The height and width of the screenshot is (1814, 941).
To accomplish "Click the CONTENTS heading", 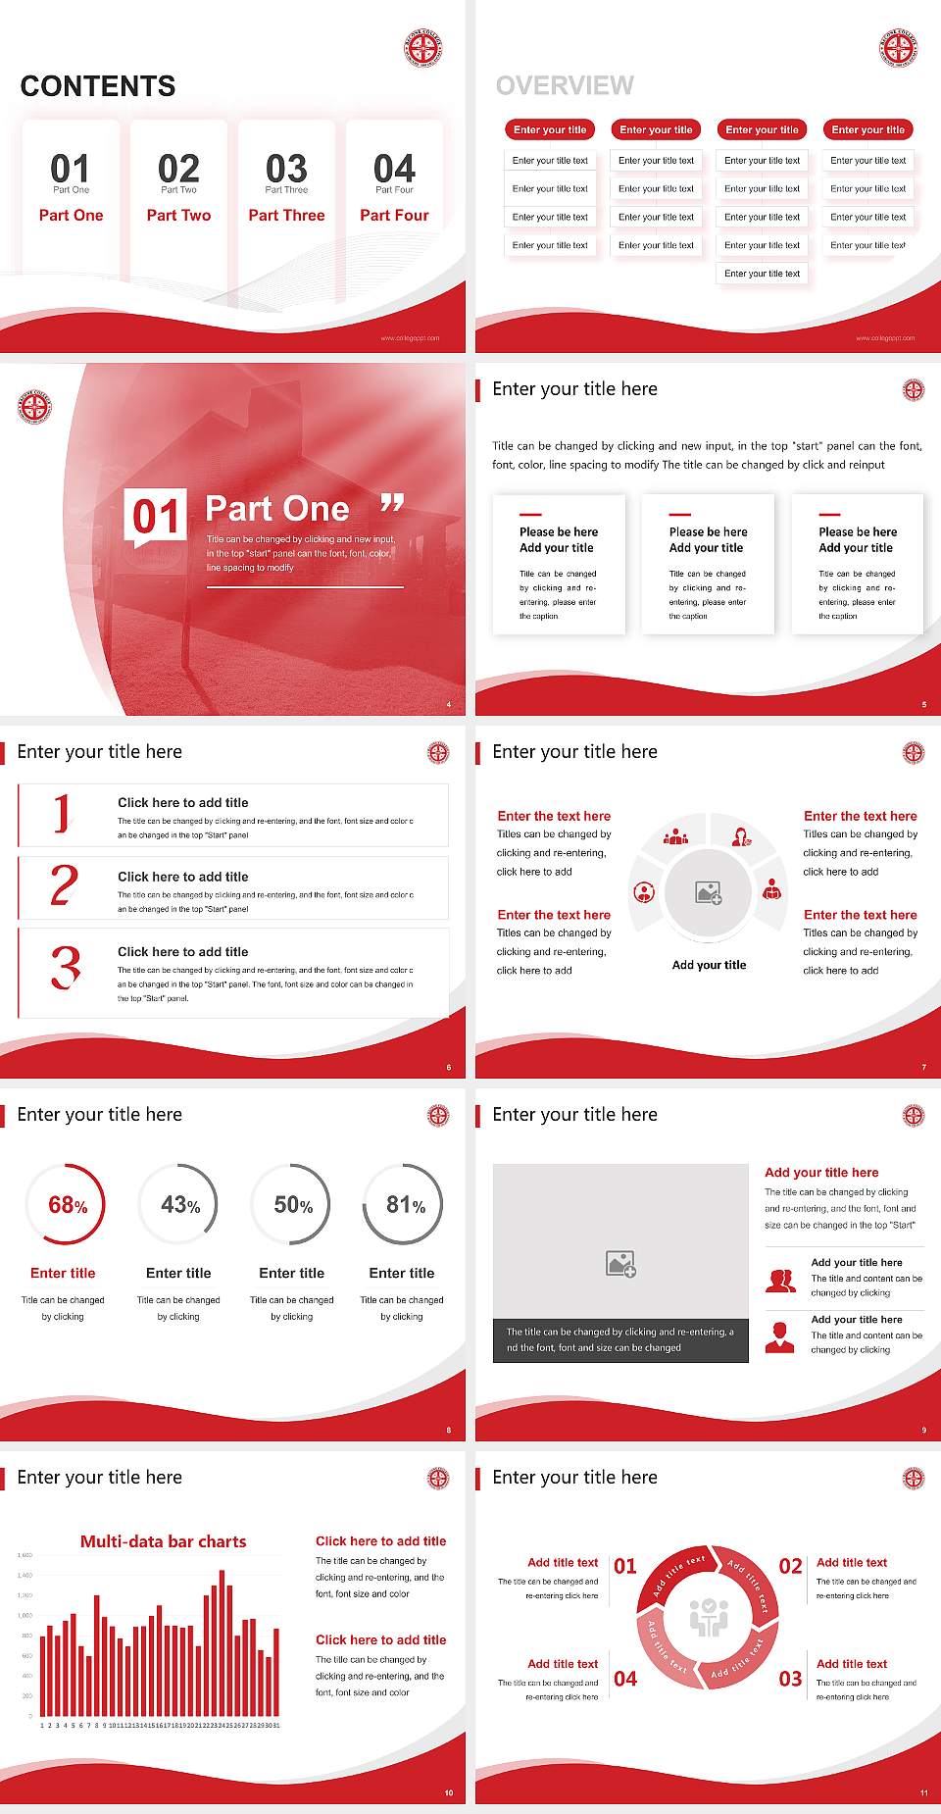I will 98,86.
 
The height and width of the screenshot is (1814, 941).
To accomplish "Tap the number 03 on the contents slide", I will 286,169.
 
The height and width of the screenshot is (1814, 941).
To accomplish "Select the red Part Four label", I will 394,216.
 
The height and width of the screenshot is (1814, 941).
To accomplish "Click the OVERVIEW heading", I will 565,86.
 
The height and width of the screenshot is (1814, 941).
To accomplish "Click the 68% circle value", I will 68,1205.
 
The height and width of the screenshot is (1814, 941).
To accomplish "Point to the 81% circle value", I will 405,1205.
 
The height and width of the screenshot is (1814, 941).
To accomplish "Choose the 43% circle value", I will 180,1205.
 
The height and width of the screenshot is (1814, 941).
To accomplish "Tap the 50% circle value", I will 293,1205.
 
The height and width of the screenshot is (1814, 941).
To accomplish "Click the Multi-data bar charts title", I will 164,1541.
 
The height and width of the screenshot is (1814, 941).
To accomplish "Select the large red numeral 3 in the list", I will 66,968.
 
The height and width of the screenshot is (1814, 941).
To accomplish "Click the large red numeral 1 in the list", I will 63,814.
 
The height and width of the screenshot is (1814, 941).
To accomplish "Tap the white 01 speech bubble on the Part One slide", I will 156,516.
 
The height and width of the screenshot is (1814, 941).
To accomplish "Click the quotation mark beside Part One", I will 392,504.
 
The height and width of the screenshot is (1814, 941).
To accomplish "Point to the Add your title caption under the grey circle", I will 709,965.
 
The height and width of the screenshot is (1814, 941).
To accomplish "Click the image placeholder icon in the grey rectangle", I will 620,1264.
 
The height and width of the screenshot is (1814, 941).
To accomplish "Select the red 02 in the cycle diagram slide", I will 790,1566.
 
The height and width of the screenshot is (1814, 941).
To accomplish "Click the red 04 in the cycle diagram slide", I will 625,1679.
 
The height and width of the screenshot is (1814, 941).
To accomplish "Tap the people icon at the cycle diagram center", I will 709,1619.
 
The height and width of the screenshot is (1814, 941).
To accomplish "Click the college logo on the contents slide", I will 423,48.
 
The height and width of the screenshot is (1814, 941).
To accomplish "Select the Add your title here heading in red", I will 821,1173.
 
